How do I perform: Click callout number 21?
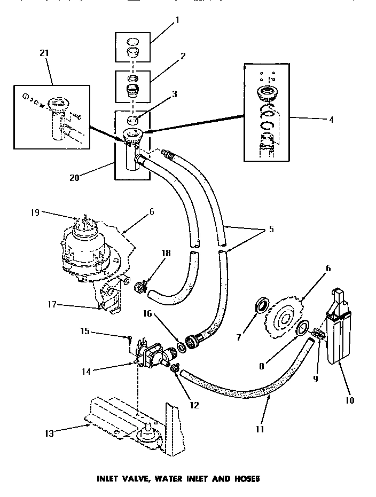click(x=44, y=54)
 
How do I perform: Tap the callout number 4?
click(x=331, y=120)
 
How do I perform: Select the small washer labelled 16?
click(x=182, y=348)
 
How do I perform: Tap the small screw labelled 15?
click(x=130, y=338)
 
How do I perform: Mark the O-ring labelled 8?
click(x=303, y=329)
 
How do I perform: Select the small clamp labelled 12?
click(x=174, y=368)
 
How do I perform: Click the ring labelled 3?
click(x=136, y=120)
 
